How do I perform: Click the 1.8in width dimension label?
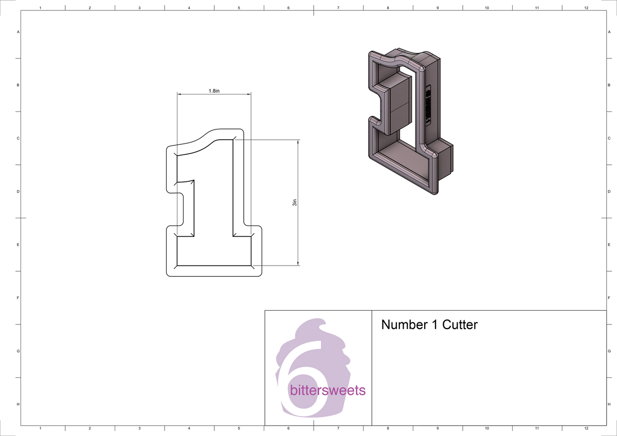(x=214, y=91)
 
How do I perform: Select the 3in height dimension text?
(x=295, y=203)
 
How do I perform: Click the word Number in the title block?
(x=403, y=325)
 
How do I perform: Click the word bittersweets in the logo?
(x=328, y=390)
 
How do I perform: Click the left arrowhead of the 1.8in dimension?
(x=179, y=94)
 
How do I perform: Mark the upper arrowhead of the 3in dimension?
(x=298, y=141)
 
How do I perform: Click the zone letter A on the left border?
(x=19, y=32)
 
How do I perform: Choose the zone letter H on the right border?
(x=609, y=405)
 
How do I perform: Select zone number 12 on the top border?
(x=587, y=8)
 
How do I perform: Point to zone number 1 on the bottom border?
(x=40, y=428)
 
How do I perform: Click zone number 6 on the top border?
(x=288, y=8)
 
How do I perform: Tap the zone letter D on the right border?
(x=609, y=192)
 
